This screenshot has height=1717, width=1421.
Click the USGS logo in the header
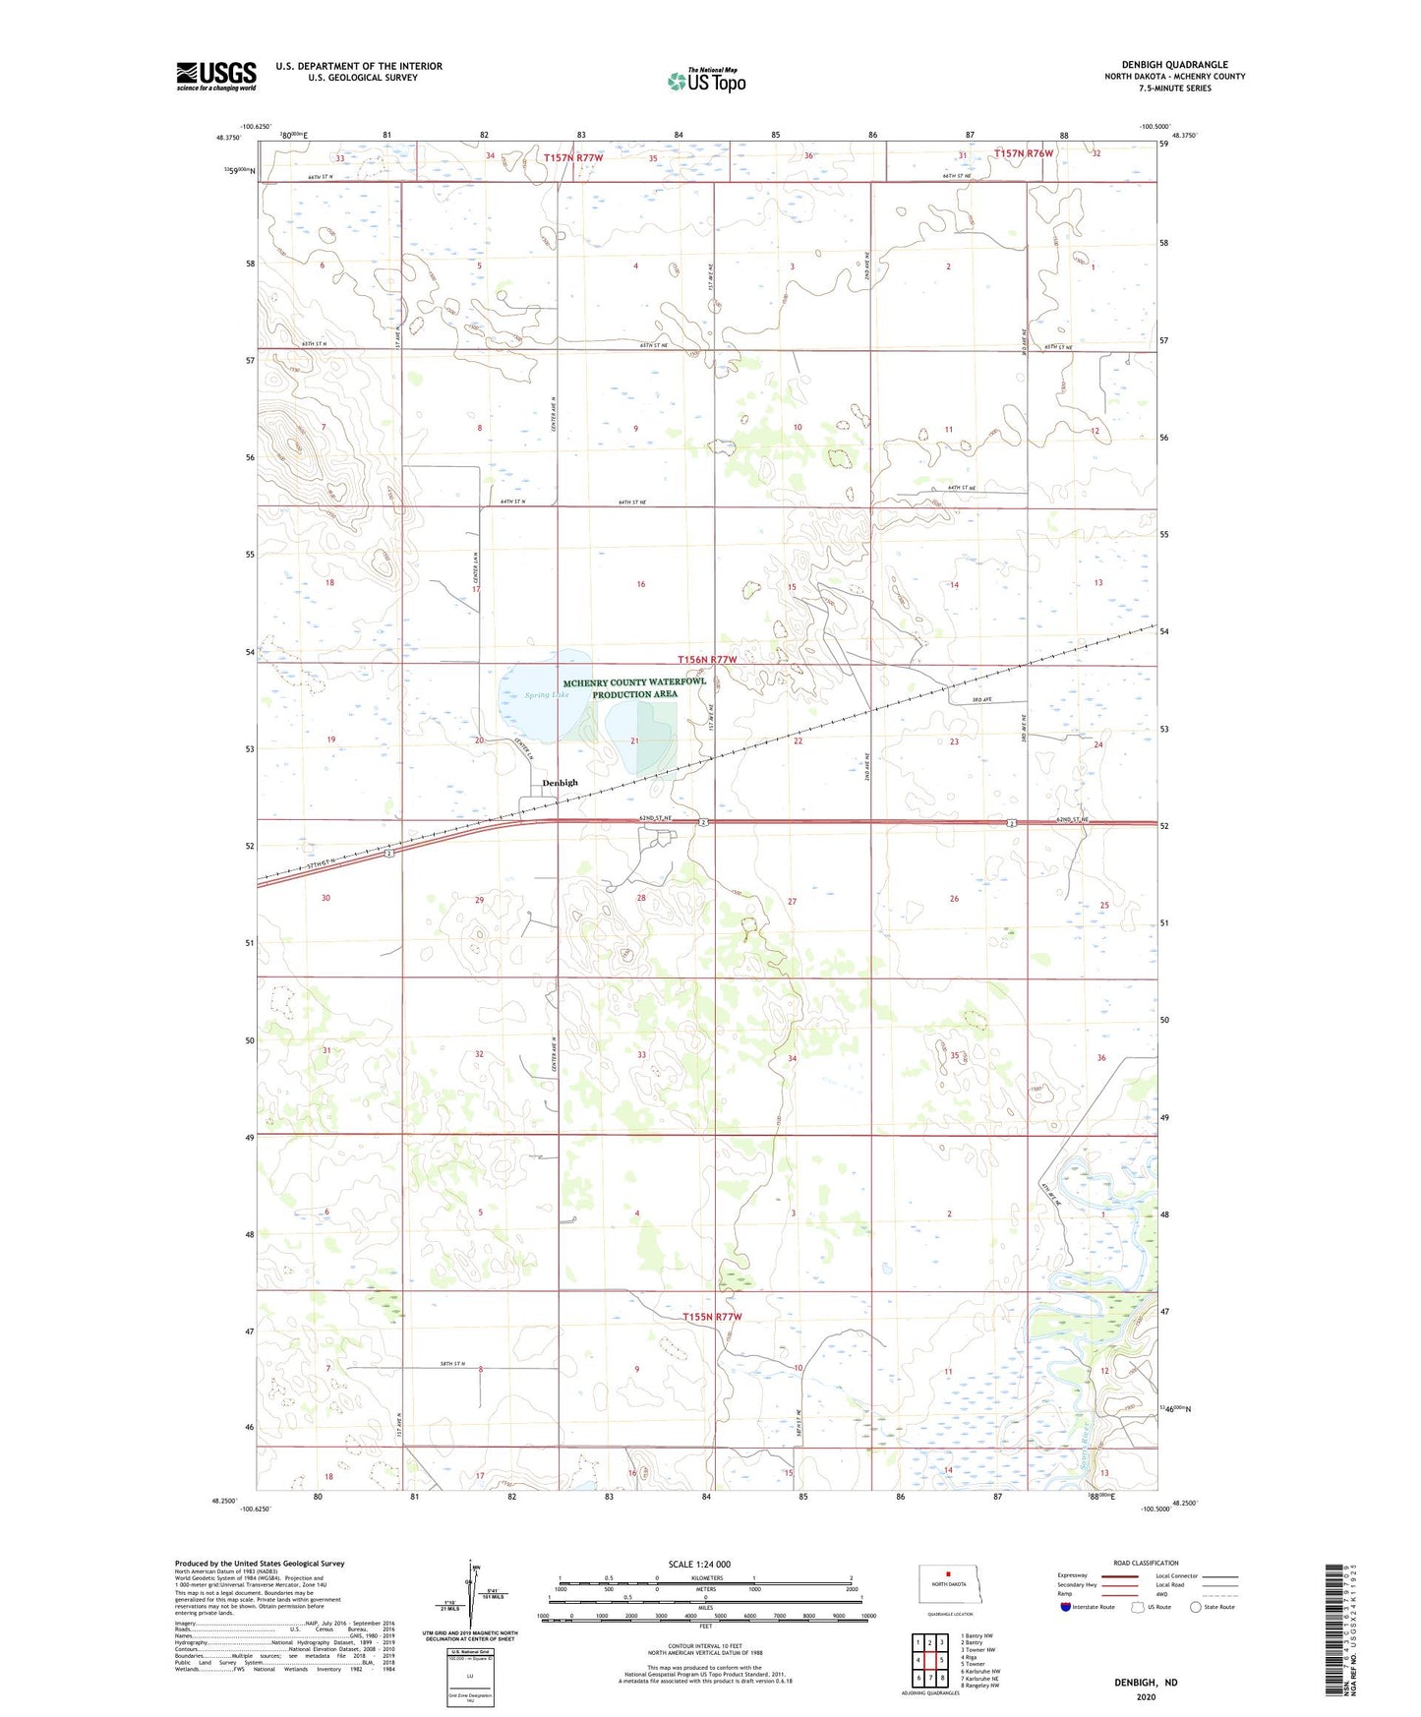(216, 76)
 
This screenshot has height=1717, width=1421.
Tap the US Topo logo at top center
(706, 81)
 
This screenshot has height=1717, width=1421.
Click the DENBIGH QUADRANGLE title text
(1174, 65)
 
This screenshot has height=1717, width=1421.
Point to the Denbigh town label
(561, 783)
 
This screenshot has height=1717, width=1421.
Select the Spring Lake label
(547, 695)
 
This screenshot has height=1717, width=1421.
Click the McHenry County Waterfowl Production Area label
(634, 688)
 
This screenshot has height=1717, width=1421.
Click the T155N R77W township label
(712, 1317)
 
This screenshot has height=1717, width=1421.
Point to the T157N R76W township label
(1023, 153)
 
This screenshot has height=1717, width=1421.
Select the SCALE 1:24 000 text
(699, 1564)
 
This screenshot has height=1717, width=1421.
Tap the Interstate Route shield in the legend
(1065, 1608)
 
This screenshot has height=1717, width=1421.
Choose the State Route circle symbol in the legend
(1195, 1608)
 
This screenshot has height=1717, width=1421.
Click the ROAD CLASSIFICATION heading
(1146, 1563)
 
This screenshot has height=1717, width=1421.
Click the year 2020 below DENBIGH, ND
(1146, 1696)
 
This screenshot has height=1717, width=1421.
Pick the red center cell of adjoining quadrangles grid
(929, 1660)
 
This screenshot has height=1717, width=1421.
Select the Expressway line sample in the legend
(1119, 1576)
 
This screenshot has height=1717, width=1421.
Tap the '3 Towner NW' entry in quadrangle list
(977, 1650)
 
